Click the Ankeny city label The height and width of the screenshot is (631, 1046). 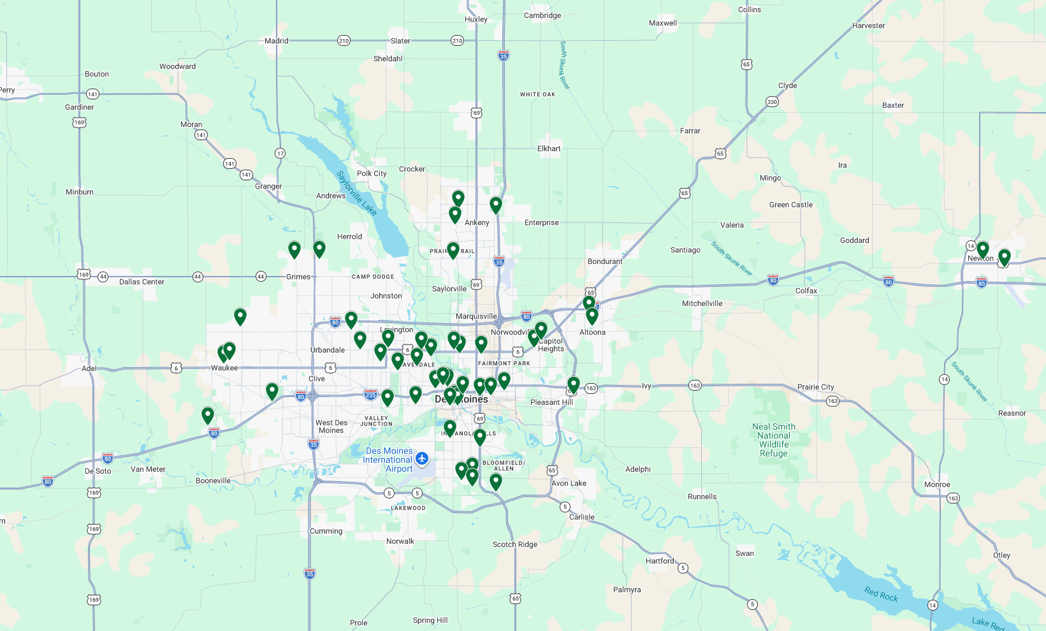click(477, 222)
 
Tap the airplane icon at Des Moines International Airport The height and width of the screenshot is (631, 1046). click(421, 458)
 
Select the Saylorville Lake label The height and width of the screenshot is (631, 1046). click(357, 192)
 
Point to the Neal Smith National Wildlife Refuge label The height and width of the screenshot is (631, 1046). click(774, 440)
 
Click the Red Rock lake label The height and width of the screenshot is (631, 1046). click(881, 594)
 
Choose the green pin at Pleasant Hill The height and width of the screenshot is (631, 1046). click(574, 384)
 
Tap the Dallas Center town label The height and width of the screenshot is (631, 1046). click(142, 282)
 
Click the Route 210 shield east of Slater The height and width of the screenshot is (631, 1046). click(457, 41)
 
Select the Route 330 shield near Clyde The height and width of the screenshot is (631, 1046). click(772, 102)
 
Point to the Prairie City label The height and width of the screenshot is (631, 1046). click(815, 387)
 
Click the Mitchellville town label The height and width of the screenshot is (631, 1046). click(702, 303)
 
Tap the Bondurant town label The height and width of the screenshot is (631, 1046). click(605, 261)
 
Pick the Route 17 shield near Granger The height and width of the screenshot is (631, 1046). click(280, 154)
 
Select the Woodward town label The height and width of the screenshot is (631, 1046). click(177, 66)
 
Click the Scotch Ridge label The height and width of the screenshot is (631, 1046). click(514, 544)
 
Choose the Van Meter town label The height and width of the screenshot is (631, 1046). click(148, 469)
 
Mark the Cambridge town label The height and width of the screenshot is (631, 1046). click(542, 15)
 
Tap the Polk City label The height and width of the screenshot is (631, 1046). click(372, 173)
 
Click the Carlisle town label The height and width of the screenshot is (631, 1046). click(581, 517)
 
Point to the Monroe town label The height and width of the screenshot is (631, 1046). click(937, 484)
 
